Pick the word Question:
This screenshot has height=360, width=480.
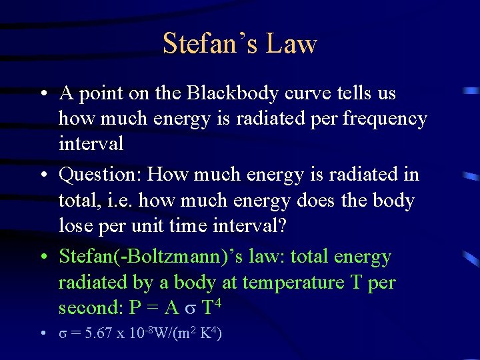coord(101,175)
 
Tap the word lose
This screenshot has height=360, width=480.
coord(75,226)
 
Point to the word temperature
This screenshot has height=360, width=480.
coord(293,283)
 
